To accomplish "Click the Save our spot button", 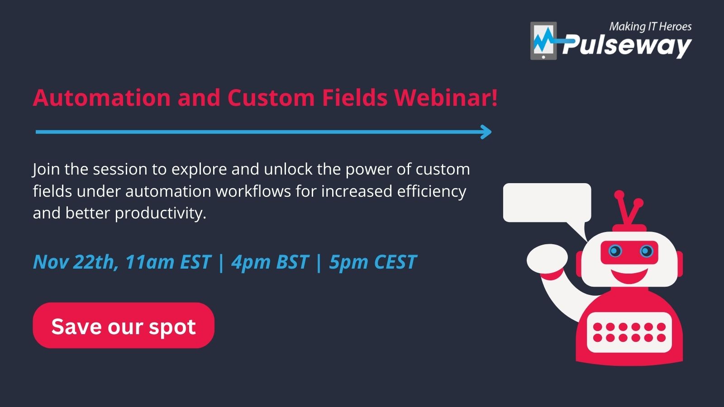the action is point(124,325).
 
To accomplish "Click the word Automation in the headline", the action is point(101,97).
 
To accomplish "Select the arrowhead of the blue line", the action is point(486,132).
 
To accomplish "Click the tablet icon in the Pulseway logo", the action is point(543,41).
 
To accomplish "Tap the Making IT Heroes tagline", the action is point(650,27).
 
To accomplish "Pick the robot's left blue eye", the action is point(615,251).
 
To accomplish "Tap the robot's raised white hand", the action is point(547,258).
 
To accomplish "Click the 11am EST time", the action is point(168,262).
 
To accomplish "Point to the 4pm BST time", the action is point(270,262).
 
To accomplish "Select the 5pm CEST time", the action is point(373,262).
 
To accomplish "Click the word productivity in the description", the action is point(160,213).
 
